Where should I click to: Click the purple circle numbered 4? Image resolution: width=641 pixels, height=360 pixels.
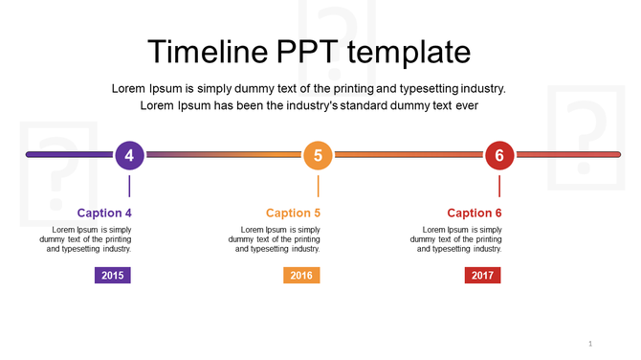pyautogui.click(x=129, y=154)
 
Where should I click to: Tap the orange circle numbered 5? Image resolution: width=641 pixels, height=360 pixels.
pyautogui.click(x=318, y=154)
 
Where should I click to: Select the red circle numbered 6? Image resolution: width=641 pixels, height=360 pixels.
pyautogui.click(x=499, y=154)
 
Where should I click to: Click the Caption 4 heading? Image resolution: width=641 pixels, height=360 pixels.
pyautogui.click(x=104, y=213)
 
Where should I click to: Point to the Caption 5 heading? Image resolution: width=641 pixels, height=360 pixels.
pyautogui.click(x=293, y=213)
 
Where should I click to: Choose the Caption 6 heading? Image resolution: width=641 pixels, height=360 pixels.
pyautogui.click(x=475, y=213)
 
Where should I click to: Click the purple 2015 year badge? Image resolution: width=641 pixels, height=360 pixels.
pyautogui.click(x=112, y=276)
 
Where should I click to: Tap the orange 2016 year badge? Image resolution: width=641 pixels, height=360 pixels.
pyautogui.click(x=301, y=276)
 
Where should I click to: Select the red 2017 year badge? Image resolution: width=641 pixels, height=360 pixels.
pyautogui.click(x=483, y=276)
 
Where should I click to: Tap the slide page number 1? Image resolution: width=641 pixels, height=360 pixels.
pyautogui.click(x=590, y=344)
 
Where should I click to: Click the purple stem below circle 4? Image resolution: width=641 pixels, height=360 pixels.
pyautogui.click(x=129, y=185)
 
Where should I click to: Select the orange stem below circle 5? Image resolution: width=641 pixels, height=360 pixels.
pyautogui.click(x=318, y=185)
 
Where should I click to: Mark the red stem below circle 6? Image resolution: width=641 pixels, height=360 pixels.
pyautogui.click(x=499, y=185)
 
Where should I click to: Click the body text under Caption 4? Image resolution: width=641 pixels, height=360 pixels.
pyautogui.click(x=92, y=239)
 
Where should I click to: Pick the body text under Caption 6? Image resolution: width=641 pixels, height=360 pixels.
pyautogui.click(x=462, y=239)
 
